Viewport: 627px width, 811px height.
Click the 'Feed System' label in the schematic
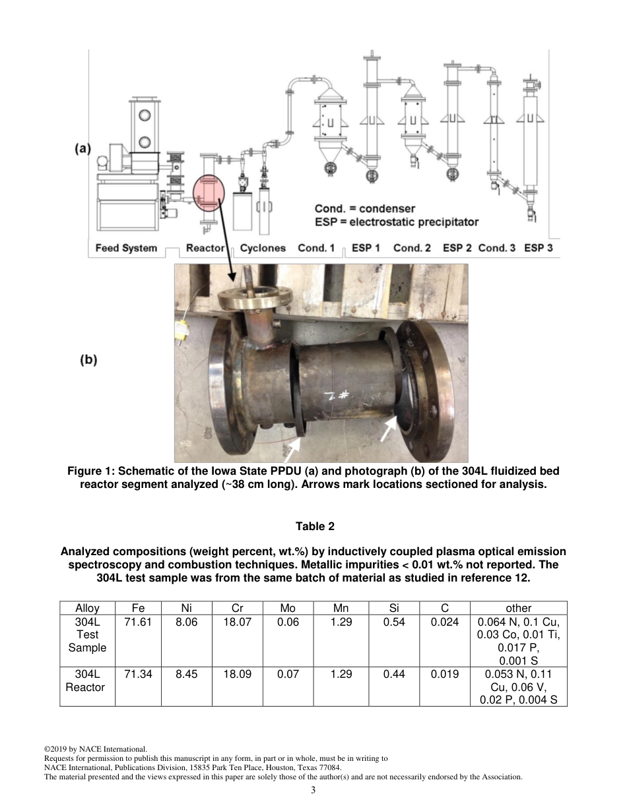(x=126, y=249)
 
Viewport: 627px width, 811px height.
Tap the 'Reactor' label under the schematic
(x=205, y=249)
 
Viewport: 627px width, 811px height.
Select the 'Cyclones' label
(x=263, y=249)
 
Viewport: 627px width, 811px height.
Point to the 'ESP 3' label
(x=539, y=249)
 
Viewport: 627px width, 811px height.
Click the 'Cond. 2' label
(x=412, y=249)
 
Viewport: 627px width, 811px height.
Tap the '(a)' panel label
(x=82, y=149)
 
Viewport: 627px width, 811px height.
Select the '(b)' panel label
(x=88, y=360)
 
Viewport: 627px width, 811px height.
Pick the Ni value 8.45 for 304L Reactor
(x=187, y=675)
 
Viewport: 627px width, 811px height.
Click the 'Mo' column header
(x=288, y=608)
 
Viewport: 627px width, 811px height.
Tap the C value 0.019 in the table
(x=445, y=675)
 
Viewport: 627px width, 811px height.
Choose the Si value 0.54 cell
(x=393, y=622)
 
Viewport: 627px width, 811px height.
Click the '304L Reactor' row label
(x=86, y=680)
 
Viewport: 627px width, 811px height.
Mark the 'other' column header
(x=518, y=608)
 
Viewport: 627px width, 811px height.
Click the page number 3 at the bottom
(x=313, y=791)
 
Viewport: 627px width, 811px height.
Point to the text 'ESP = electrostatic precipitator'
(x=397, y=222)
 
